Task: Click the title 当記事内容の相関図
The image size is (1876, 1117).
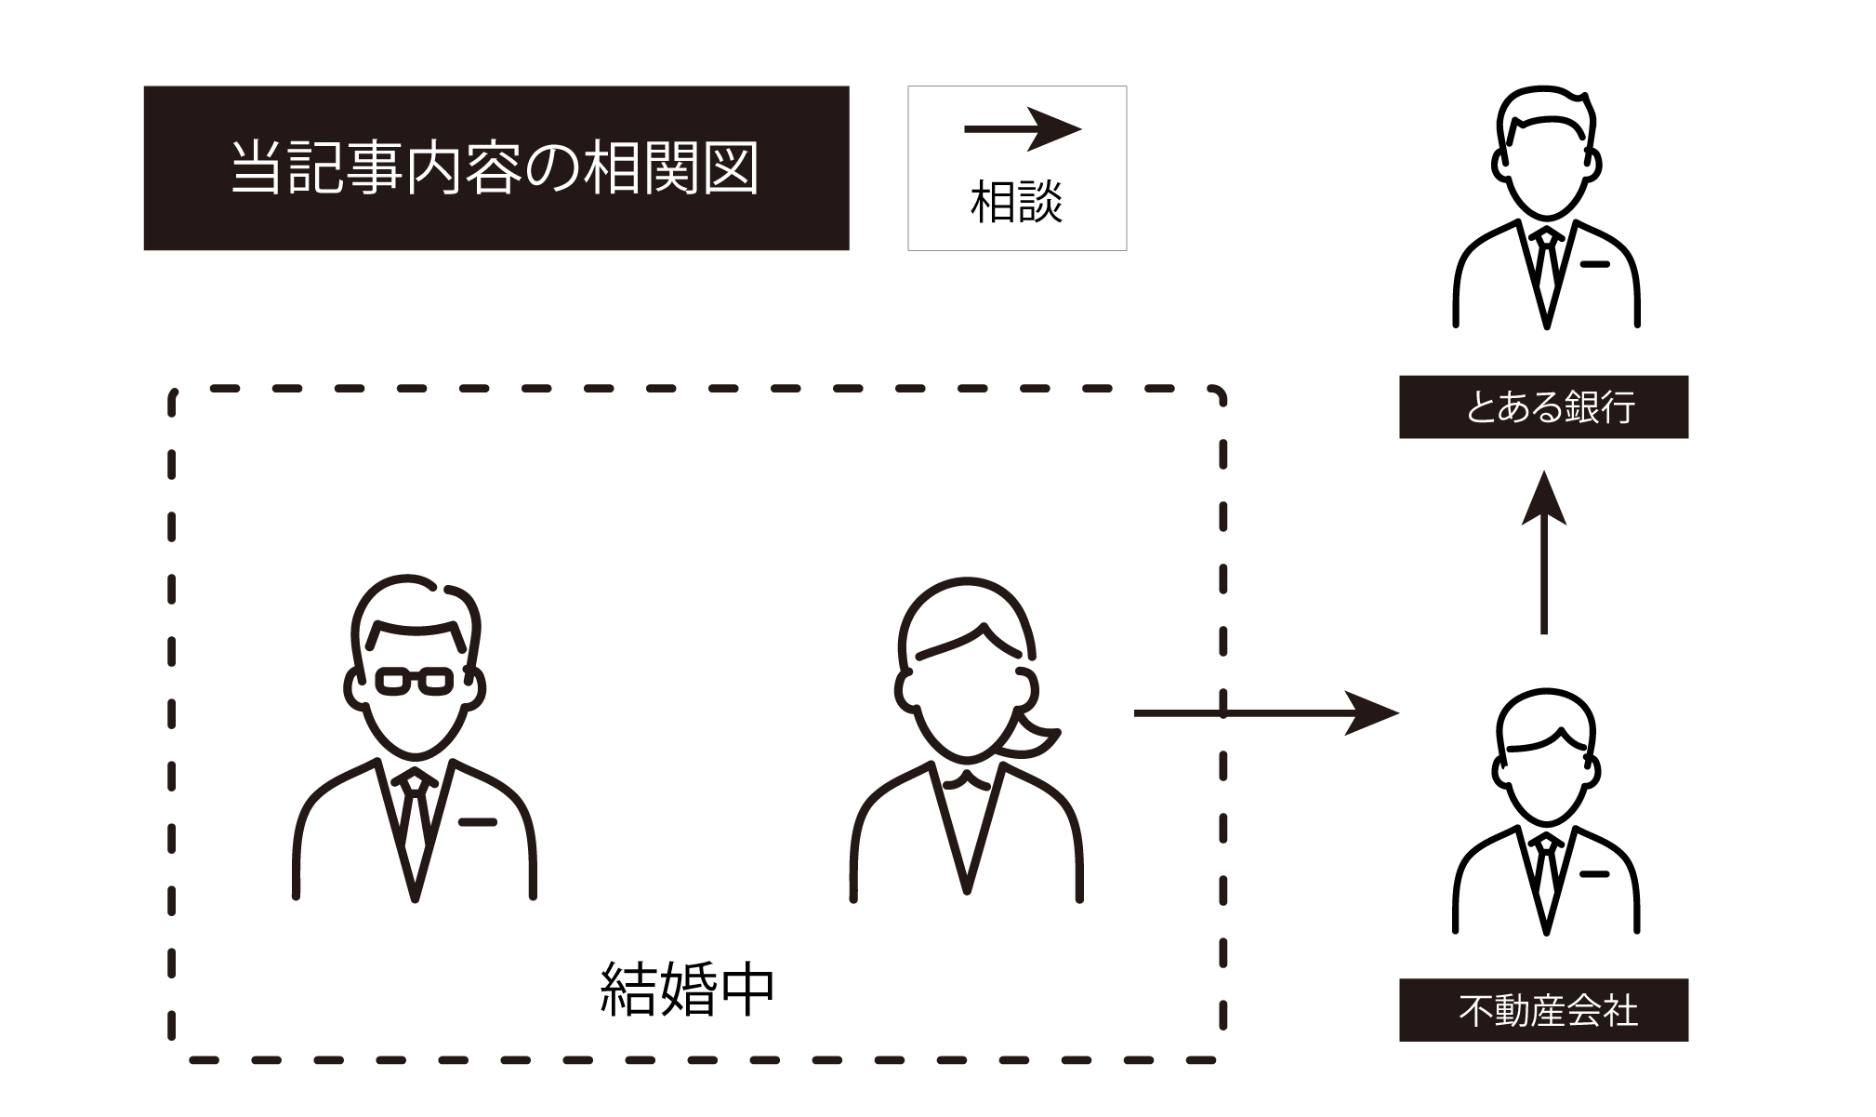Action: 495,168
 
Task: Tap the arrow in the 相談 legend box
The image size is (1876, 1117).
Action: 1023,129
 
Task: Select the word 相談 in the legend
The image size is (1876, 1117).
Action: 1016,202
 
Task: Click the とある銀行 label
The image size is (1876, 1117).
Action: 1543,407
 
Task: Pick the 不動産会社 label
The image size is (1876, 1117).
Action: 1543,1010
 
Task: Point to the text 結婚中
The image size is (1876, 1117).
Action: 687,990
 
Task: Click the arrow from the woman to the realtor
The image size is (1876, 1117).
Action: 1264,713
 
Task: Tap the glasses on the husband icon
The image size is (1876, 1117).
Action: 415,682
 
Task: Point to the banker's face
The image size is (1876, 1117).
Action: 1546,172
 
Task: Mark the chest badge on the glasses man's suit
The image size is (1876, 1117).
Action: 478,822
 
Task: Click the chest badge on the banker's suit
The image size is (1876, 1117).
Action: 1594,265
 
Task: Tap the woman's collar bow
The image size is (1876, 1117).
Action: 967,780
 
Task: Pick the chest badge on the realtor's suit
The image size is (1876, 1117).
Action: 1594,874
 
